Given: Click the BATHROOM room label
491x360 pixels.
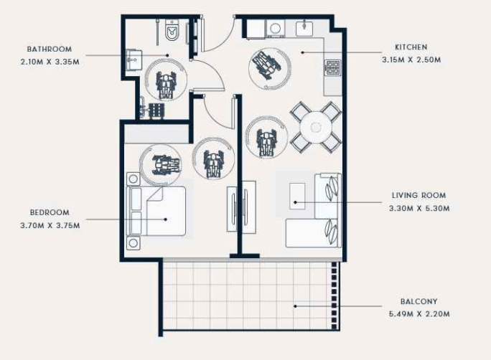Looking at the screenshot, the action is click(50, 49).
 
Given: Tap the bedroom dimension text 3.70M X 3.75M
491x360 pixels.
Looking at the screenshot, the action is click(50, 225).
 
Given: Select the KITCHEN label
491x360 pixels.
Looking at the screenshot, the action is click(411, 47).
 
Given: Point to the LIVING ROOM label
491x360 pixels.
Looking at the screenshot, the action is click(419, 196).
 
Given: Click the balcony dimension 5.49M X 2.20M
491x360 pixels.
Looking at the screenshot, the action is click(419, 314).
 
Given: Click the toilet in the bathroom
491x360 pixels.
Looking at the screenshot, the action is click(172, 30).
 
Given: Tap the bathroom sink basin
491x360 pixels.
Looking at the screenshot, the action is click(134, 60).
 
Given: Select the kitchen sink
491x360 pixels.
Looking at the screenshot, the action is click(304, 28).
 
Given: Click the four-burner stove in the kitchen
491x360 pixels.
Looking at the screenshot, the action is click(332, 67).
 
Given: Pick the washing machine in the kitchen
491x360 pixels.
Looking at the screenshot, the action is click(275, 29).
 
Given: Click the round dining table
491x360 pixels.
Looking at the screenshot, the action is click(316, 127).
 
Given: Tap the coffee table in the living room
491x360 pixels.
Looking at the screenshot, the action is click(297, 196).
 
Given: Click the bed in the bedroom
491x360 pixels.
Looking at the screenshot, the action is click(156, 211).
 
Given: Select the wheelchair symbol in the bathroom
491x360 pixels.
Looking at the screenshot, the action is click(166, 84).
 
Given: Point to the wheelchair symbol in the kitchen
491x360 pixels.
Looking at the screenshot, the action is click(266, 65).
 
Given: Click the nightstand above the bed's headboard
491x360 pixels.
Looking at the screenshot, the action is click(133, 179).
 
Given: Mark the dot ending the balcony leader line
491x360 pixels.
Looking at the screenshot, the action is click(295, 306).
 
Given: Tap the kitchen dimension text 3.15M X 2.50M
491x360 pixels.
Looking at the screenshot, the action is click(411, 60).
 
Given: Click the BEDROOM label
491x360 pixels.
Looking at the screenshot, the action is click(50, 213).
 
